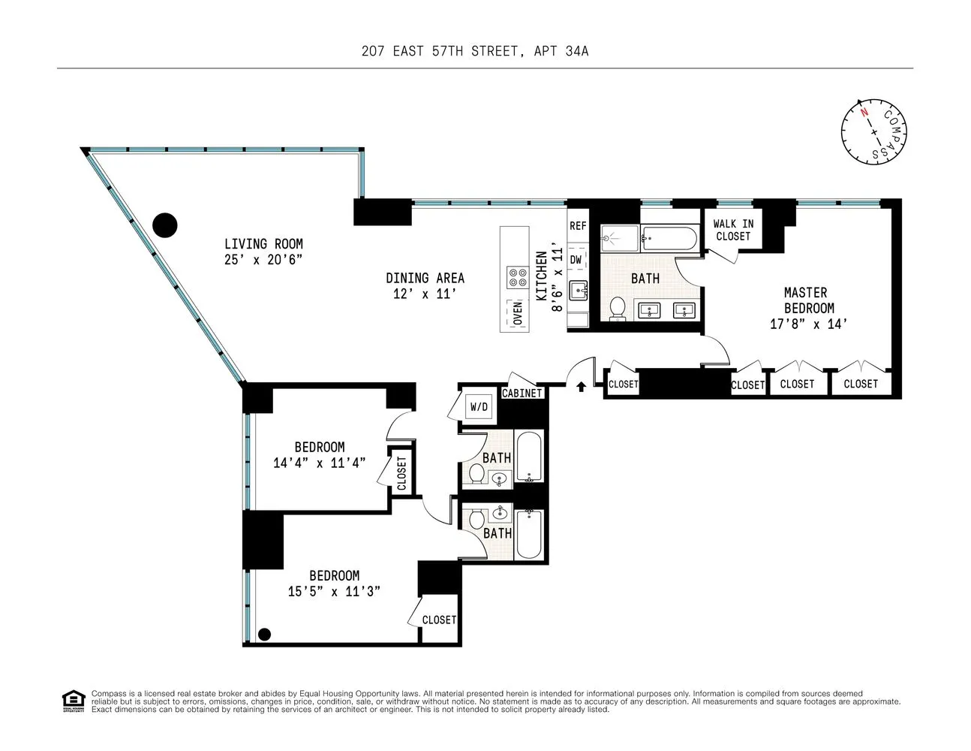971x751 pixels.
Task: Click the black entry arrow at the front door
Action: click(581, 387)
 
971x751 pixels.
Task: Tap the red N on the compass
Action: click(864, 112)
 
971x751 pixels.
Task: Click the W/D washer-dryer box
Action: click(479, 406)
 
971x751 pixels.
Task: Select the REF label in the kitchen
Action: click(577, 226)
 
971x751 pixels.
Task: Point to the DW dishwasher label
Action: click(576, 259)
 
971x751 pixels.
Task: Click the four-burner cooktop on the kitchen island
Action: click(518, 277)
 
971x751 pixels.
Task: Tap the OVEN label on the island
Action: click(518, 313)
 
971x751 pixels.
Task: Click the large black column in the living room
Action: click(165, 225)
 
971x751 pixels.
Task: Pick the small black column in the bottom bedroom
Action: click(264, 634)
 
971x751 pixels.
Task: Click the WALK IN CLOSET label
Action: click(733, 230)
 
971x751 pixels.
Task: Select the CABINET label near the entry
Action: click(522, 393)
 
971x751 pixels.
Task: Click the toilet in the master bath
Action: click(617, 309)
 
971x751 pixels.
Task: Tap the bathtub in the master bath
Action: click(669, 238)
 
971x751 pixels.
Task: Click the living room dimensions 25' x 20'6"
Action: click(263, 260)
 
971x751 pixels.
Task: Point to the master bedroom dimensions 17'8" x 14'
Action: click(808, 324)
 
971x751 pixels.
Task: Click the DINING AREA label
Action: click(425, 278)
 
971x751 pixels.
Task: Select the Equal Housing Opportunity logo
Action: click(74, 701)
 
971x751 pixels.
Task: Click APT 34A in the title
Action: click(561, 51)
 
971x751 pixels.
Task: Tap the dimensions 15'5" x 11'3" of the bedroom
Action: click(334, 592)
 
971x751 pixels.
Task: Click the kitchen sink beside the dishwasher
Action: click(579, 291)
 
